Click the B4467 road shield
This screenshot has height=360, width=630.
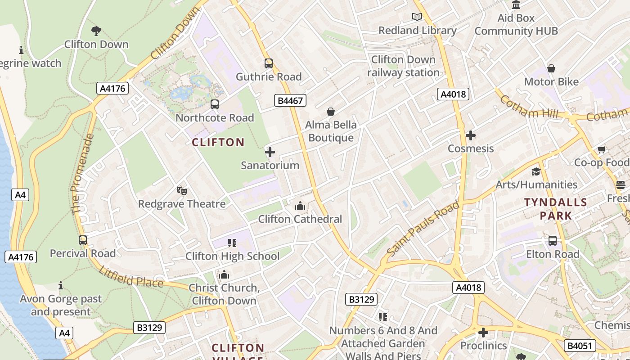290,100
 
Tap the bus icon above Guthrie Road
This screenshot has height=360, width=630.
269,63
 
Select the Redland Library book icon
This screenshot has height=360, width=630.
417,17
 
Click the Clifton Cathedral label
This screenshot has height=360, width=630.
300,219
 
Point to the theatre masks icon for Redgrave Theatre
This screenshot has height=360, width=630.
181,191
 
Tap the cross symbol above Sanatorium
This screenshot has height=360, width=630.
270,152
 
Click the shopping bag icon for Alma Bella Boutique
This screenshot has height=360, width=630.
331,112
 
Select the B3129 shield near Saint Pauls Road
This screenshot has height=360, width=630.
361,299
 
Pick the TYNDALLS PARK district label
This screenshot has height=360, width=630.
556,209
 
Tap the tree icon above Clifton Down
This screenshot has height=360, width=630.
96,31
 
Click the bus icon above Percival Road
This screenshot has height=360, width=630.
83,240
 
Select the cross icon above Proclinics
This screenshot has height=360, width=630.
483,333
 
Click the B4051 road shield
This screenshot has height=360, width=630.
580,346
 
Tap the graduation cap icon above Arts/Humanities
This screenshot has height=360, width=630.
535,171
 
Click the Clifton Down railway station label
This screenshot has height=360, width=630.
403,66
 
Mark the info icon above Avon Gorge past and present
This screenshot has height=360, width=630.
61,286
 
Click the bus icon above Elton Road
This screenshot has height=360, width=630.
552,241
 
